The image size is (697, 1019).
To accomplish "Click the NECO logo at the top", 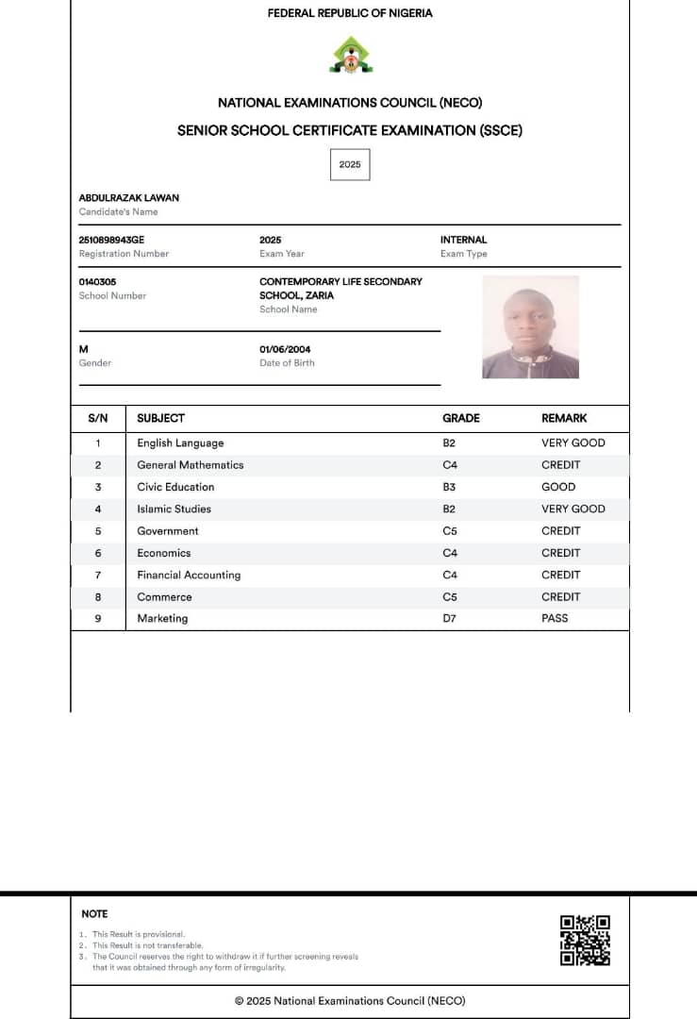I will (x=349, y=55).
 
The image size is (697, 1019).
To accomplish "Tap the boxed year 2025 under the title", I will (x=350, y=164).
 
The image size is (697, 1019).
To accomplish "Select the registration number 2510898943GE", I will (x=111, y=240).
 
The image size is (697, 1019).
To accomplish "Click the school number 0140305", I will (x=97, y=281).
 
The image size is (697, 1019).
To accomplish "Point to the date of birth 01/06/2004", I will (x=285, y=349).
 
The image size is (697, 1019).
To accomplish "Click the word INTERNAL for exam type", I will (x=463, y=240).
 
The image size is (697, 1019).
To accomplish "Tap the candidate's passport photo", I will (x=530, y=327).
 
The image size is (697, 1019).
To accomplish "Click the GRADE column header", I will (x=461, y=418).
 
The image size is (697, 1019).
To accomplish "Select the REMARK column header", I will (x=564, y=418).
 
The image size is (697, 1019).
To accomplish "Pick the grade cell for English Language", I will (x=449, y=443).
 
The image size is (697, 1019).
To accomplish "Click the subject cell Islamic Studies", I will (x=174, y=509).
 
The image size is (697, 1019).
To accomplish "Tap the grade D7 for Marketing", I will (x=449, y=618).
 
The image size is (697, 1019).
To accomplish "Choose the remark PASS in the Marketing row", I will (x=555, y=618).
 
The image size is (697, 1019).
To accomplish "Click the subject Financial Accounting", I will (x=189, y=575).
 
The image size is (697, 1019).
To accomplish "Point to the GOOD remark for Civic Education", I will (x=558, y=487).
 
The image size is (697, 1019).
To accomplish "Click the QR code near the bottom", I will (x=585, y=941).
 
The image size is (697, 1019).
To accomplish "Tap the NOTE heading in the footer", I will (x=94, y=913).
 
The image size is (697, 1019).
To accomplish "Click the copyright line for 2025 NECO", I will (x=350, y=1001).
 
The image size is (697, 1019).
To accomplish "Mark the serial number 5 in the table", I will (x=98, y=531).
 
